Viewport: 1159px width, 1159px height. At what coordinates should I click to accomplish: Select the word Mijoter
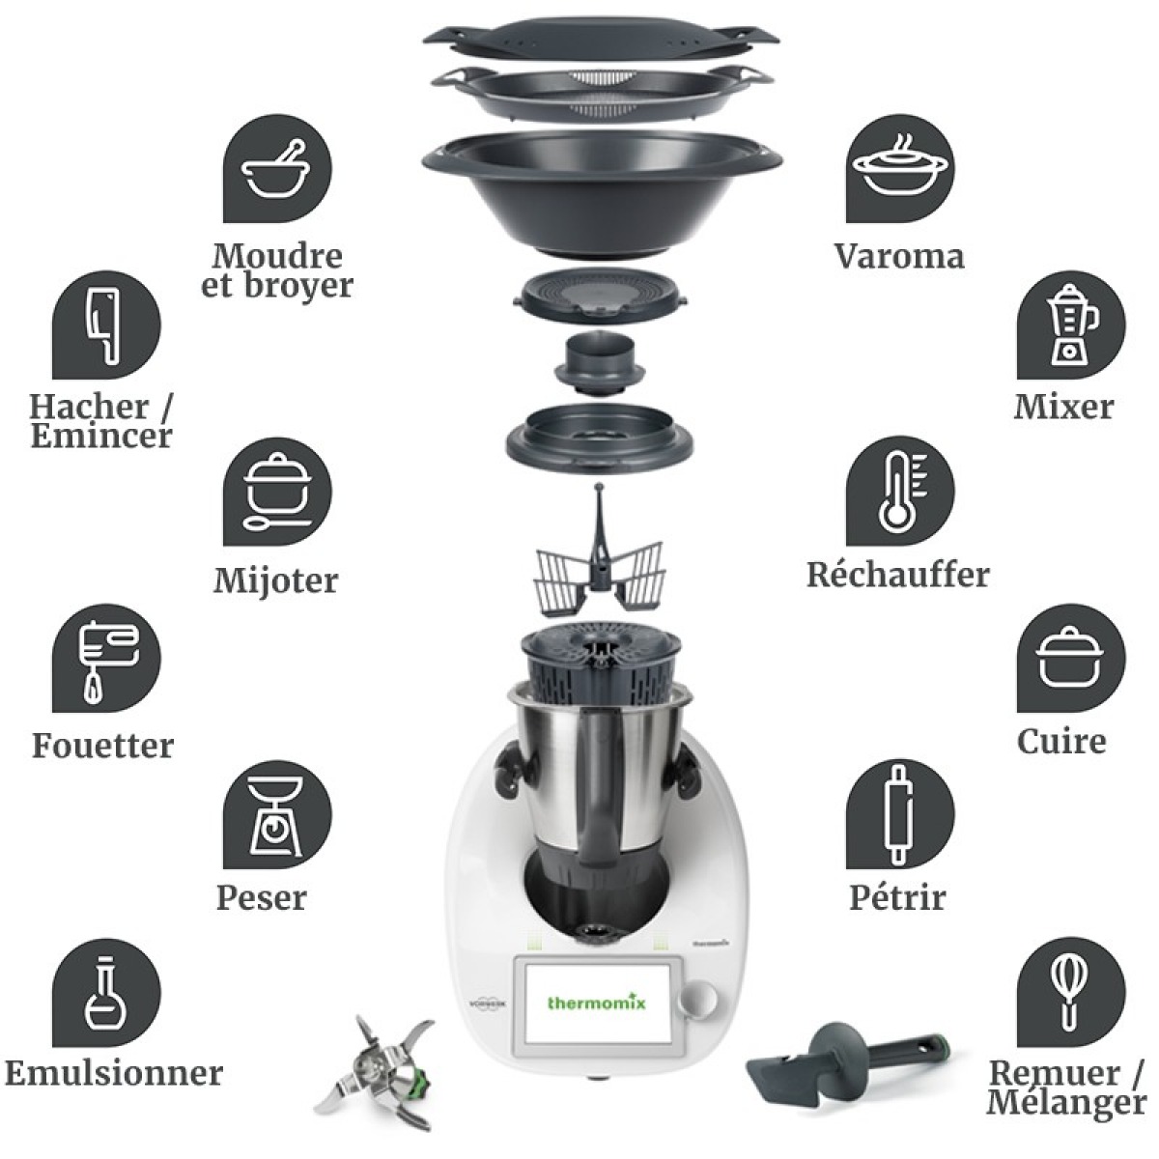click(x=276, y=581)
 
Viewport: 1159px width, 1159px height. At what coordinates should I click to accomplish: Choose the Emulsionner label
click(x=114, y=1073)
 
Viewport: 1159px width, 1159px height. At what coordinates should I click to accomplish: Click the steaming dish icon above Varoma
click(x=900, y=171)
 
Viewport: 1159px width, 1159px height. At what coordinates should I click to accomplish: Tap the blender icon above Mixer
click(x=1071, y=325)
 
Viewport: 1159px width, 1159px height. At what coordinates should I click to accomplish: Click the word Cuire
click(x=1061, y=742)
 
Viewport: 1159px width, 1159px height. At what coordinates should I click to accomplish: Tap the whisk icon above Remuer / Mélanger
click(x=1071, y=986)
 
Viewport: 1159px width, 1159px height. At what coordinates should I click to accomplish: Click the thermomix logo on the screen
click(x=597, y=1003)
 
